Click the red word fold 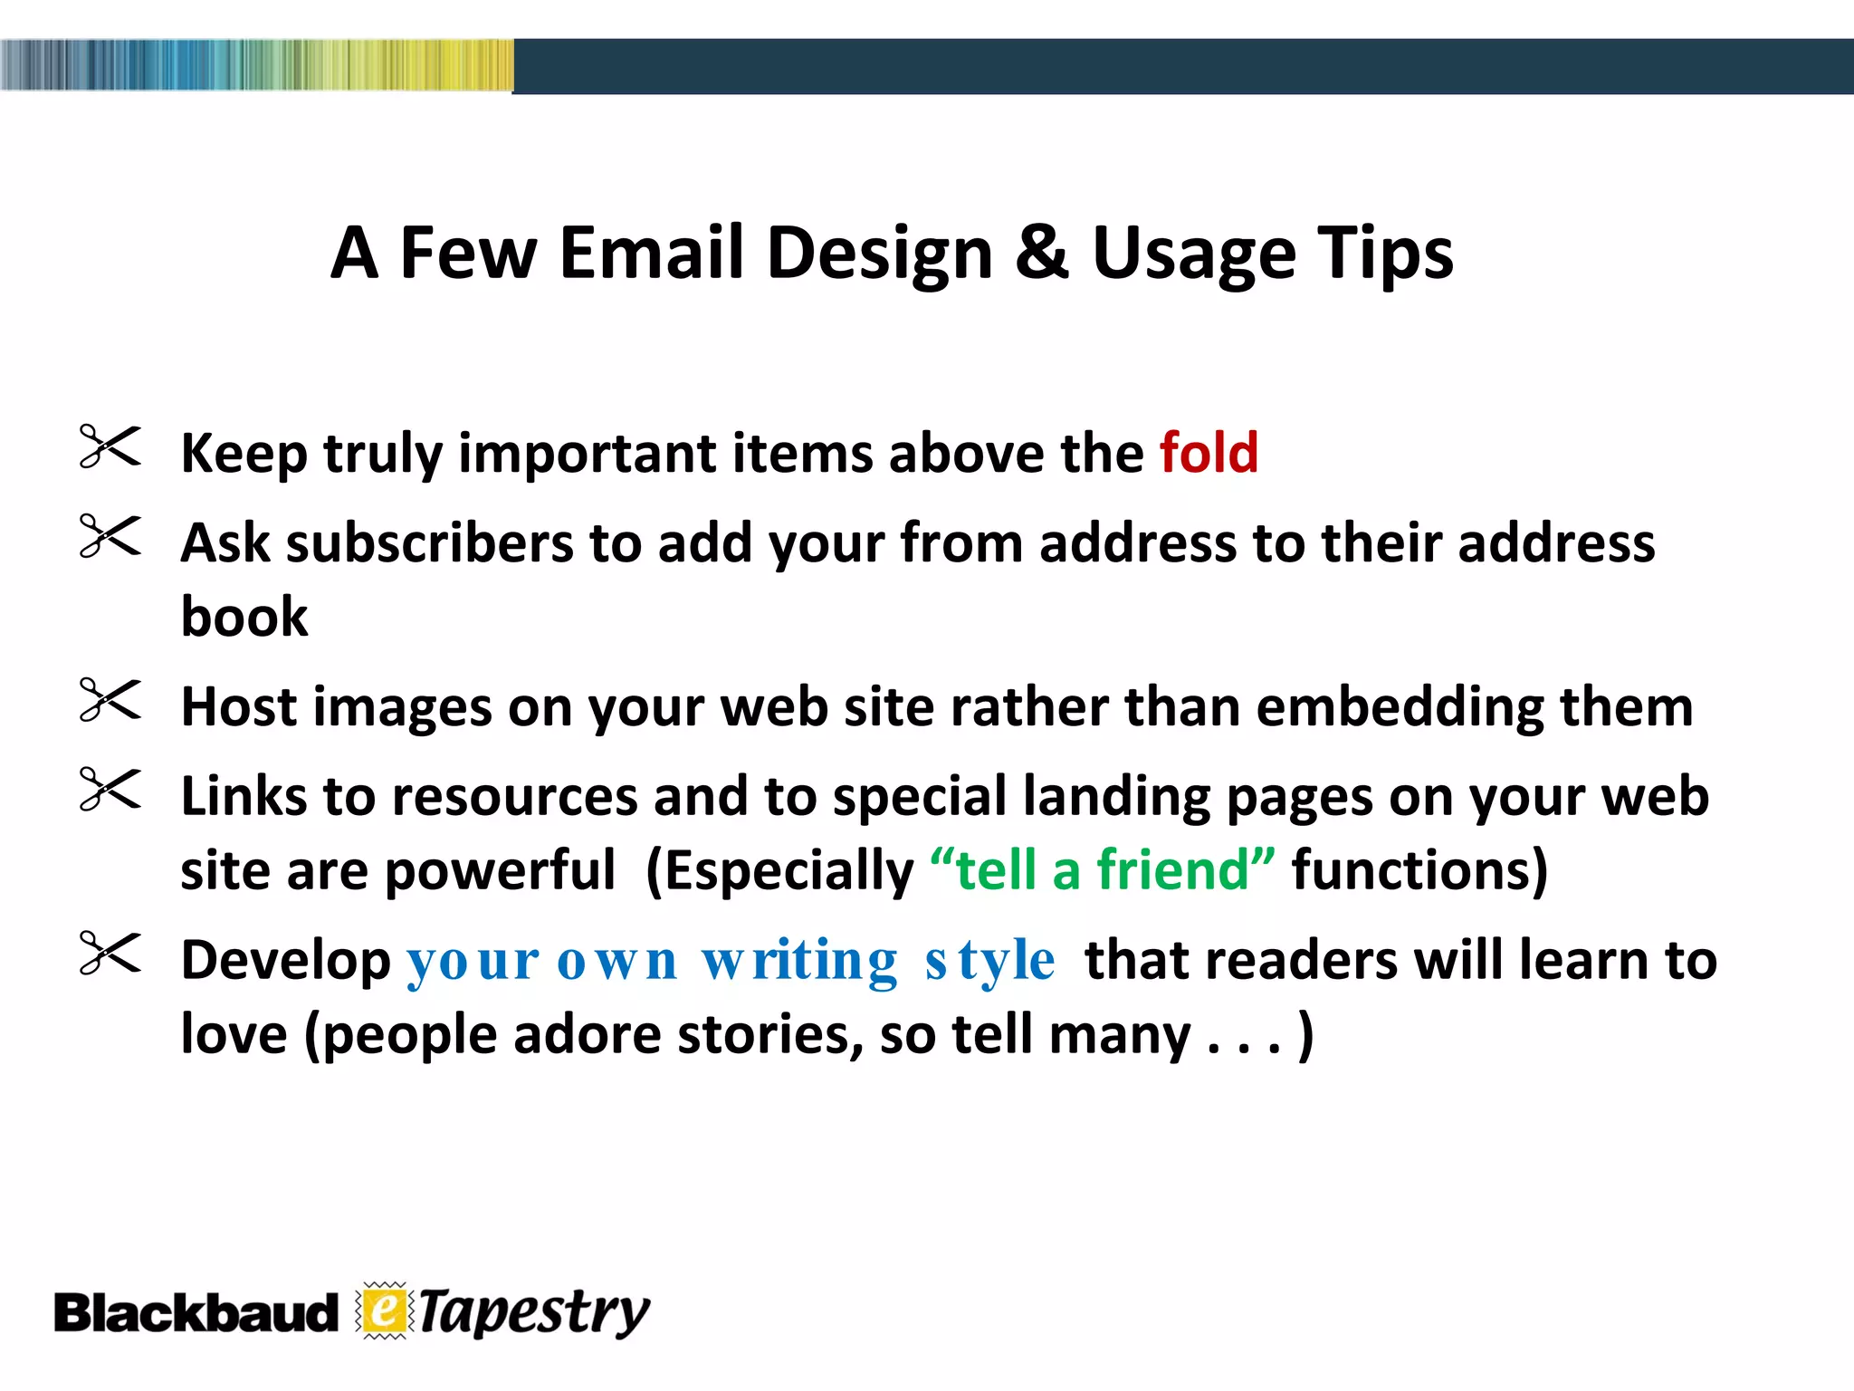[x=1209, y=452]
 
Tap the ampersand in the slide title [x=1042, y=253]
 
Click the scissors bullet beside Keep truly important [x=110, y=446]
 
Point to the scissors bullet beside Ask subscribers [x=110, y=535]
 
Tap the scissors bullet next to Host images [x=110, y=699]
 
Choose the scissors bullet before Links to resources [x=110, y=789]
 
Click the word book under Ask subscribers [x=244, y=617]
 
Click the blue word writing [x=799, y=962]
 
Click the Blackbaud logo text [x=195, y=1314]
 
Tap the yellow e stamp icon [x=385, y=1310]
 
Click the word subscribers [x=430, y=543]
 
